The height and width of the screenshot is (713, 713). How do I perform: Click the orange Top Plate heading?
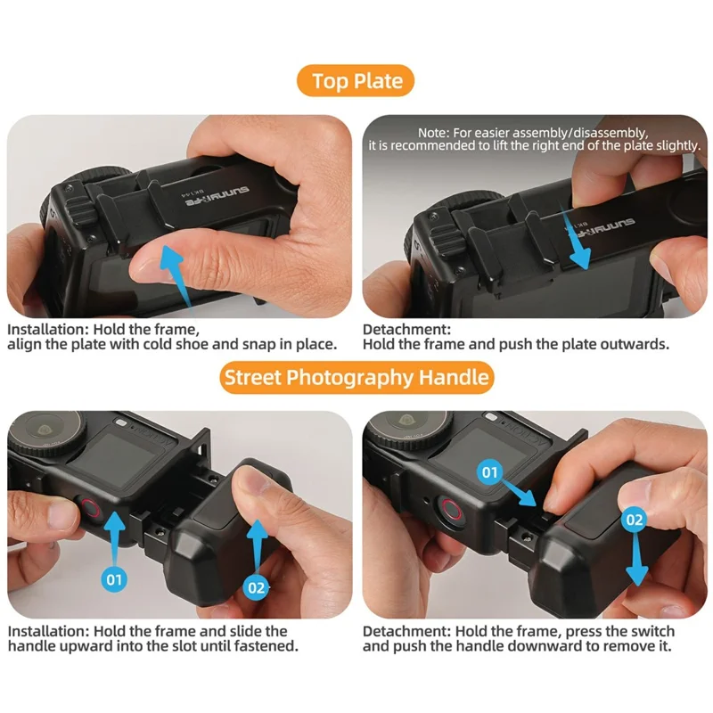tap(356, 81)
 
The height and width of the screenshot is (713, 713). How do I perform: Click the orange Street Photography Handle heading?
tap(356, 377)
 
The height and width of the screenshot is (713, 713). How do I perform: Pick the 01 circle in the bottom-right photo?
tap(489, 472)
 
